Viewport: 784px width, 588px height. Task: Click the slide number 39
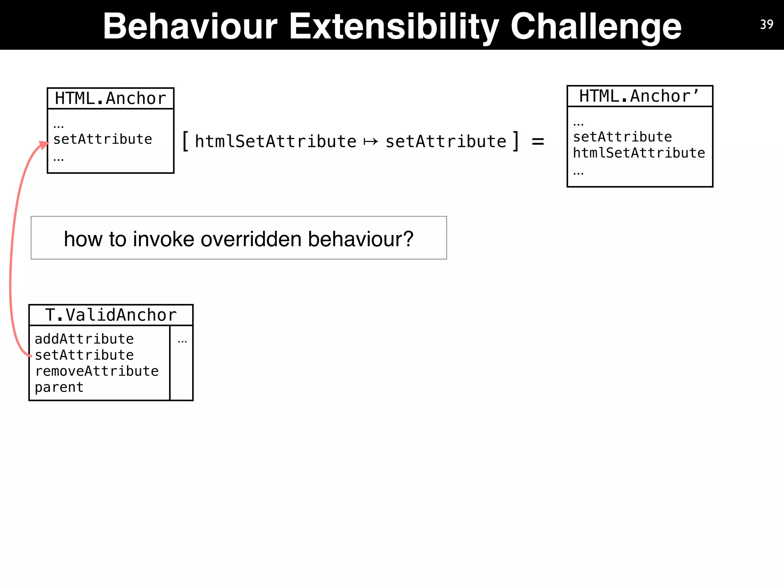tap(766, 24)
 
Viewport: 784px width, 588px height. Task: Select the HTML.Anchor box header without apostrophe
tap(110, 98)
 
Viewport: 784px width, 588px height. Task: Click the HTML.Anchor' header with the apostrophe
tap(639, 96)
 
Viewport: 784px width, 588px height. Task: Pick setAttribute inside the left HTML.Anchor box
tap(103, 139)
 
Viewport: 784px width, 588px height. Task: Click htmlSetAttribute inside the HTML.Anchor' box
tap(639, 153)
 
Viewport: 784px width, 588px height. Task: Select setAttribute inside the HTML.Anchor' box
tap(622, 137)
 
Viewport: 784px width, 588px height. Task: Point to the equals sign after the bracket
tap(538, 142)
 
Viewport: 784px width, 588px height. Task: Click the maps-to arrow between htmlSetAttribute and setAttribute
tap(371, 142)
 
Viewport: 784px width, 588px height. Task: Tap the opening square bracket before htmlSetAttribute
tap(185, 141)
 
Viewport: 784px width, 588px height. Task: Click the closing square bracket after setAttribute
tap(516, 141)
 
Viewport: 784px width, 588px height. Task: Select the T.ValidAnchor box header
tap(111, 315)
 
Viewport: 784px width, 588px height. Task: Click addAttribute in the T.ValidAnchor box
tap(84, 339)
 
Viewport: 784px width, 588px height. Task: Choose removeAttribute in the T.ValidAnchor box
tap(96, 371)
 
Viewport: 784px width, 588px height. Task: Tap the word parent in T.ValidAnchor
tap(59, 387)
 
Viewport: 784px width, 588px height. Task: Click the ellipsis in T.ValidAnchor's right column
tap(182, 340)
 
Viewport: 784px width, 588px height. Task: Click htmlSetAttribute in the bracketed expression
tap(276, 141)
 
